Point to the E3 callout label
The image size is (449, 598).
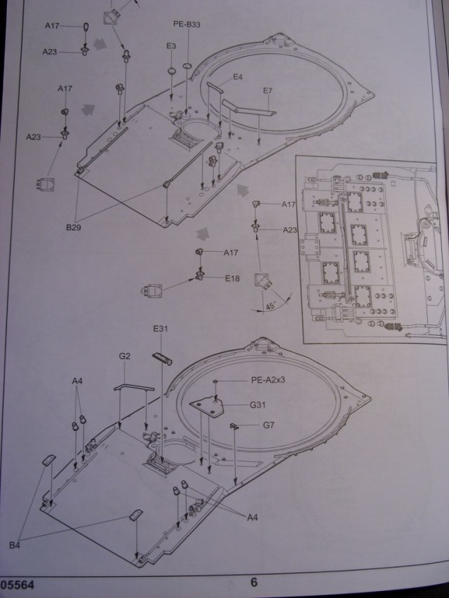pyautogui.click(x=171, y=46)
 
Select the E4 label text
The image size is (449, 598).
pyautogui.click(x=238, y=77)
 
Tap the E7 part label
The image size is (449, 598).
pyautogui.click(x=267, y=91)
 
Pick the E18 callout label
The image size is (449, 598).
pyautogui.click(x=232, y=278)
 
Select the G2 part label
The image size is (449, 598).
pyautogui.click(x=125, y=356)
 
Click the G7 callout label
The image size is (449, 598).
pyautogui.click(x=269, y=426)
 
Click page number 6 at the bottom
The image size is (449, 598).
pyautogui.click(x=254, y=582)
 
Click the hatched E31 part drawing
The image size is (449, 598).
pyautogui.click(x=162, y=358)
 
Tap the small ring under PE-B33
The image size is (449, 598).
pyautogui.click(x=187, y=66)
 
